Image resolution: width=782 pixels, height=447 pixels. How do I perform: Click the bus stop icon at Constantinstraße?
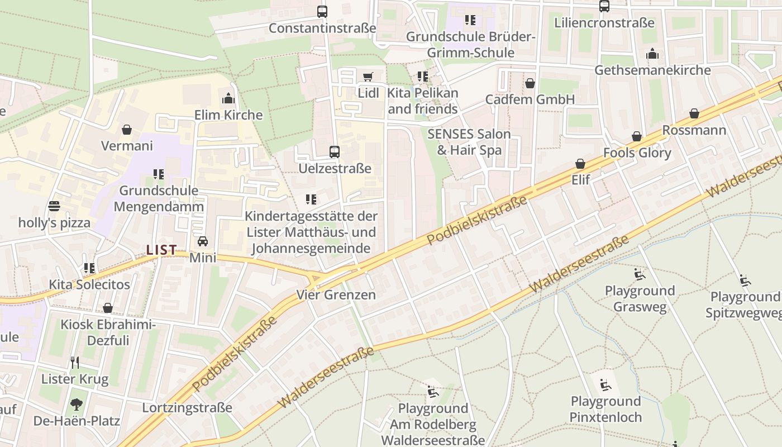point(322,11)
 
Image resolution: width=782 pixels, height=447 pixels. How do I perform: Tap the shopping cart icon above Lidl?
point(368,77)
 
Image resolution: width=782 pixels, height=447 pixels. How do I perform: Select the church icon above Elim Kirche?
point(228,99)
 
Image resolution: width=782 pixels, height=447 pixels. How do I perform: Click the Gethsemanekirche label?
point(652,70)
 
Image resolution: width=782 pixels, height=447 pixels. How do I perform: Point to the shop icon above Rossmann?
point(694,114)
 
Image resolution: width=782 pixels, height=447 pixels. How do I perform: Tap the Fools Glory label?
point(637,153)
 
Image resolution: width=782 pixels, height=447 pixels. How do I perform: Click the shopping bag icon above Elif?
point(580,164)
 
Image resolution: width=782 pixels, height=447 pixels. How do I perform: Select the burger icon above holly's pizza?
point(54,206)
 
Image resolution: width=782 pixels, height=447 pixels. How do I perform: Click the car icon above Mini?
point(203,241)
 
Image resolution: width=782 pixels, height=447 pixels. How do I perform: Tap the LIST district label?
point(161,250)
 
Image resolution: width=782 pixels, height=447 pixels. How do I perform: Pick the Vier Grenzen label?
point(336,294)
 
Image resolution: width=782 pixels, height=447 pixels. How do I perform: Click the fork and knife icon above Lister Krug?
point(75,363)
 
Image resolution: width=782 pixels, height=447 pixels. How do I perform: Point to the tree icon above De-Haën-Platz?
point(77,404)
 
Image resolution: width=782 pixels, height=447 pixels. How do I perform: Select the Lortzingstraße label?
point(187,407)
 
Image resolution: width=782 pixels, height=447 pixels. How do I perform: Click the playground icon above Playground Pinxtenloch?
point(605,384)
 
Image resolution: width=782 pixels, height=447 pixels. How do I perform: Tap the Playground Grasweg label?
point(640,298)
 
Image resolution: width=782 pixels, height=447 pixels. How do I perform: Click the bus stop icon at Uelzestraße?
point(335,152)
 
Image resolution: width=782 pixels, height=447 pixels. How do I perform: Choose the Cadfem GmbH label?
point(530,99)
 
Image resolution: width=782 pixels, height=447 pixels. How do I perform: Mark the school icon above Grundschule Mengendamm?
point(159,174)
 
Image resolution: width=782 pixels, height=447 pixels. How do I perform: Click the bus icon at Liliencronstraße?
point(604,6)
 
